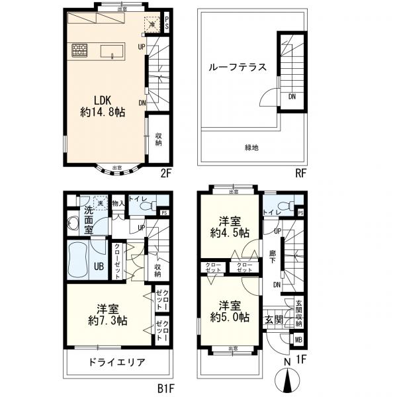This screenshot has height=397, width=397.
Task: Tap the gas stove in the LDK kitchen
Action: [79, 50]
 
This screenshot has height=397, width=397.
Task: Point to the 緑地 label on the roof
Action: [251, 148]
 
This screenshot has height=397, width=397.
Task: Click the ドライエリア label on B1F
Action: [116, 363]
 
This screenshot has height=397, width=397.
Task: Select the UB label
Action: [98, 266]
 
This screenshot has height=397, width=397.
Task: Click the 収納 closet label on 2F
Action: [159, 138]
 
